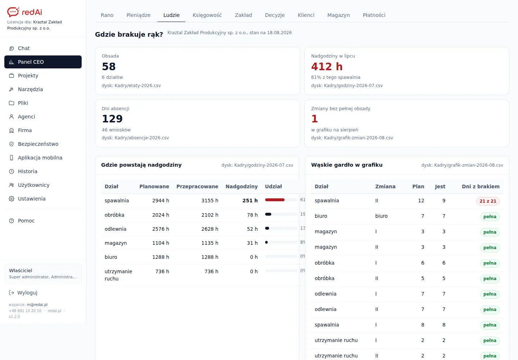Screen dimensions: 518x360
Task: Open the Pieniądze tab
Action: [138, 15]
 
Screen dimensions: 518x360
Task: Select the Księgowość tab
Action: [207, 15]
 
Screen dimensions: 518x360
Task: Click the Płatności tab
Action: [374, 15]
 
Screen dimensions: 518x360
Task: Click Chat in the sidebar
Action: [24, 48]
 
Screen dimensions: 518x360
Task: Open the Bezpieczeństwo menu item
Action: [38, 144]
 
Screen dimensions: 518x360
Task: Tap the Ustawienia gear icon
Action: [12, 199]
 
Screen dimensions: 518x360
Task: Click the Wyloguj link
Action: [27, 293]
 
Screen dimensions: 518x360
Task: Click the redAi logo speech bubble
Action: [13, 12]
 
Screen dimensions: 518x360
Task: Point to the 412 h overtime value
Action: [327, 67]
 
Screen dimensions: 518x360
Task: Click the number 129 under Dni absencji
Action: [112, 119]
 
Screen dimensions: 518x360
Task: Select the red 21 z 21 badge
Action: [488, 201]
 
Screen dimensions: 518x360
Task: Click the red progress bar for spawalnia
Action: [275, 200]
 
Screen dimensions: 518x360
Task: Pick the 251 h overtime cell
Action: [250, 201]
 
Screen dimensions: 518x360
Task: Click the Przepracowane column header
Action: [197, 187]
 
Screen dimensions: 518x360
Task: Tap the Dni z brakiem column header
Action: [481, 187]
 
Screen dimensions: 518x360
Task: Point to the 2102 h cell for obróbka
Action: [210, 215]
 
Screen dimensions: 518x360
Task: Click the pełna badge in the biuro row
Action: [490, 217]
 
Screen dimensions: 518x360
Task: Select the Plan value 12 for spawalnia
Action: [421, 201]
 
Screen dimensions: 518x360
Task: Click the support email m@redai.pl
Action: [37, 305]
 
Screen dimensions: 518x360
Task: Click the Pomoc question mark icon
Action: [12, 221]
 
